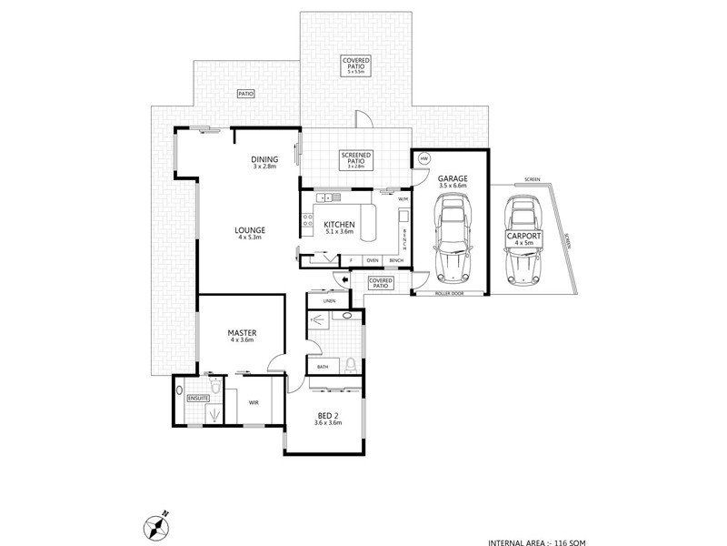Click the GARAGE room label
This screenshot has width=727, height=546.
point(452,180)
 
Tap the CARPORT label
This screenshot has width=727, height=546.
point(523,238)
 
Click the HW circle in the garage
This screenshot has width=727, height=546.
point(423,159)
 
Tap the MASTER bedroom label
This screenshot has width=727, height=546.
point(242,334)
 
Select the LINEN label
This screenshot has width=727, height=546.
point(329,300)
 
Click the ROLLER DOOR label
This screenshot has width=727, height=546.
point(450,292)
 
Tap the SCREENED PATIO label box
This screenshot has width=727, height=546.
point(353,160)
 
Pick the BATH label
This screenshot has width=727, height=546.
point(323,367)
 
